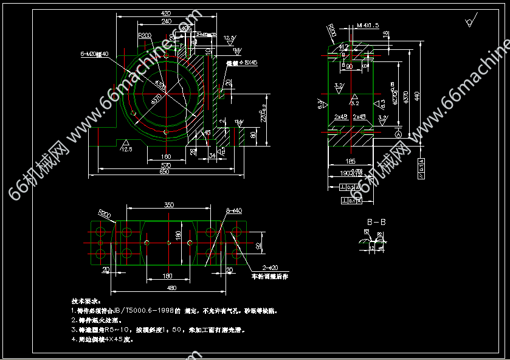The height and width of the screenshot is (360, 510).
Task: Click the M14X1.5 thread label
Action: point(367,25)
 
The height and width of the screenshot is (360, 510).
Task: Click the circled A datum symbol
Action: point(398,134)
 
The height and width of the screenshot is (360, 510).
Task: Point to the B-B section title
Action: point(376,222)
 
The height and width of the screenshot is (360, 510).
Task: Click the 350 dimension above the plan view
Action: point(169,205)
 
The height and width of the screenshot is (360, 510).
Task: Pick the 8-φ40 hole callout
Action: point(233,210)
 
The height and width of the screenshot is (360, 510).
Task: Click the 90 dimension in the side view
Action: point(350,67)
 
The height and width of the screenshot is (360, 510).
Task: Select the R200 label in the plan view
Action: point(105,214)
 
